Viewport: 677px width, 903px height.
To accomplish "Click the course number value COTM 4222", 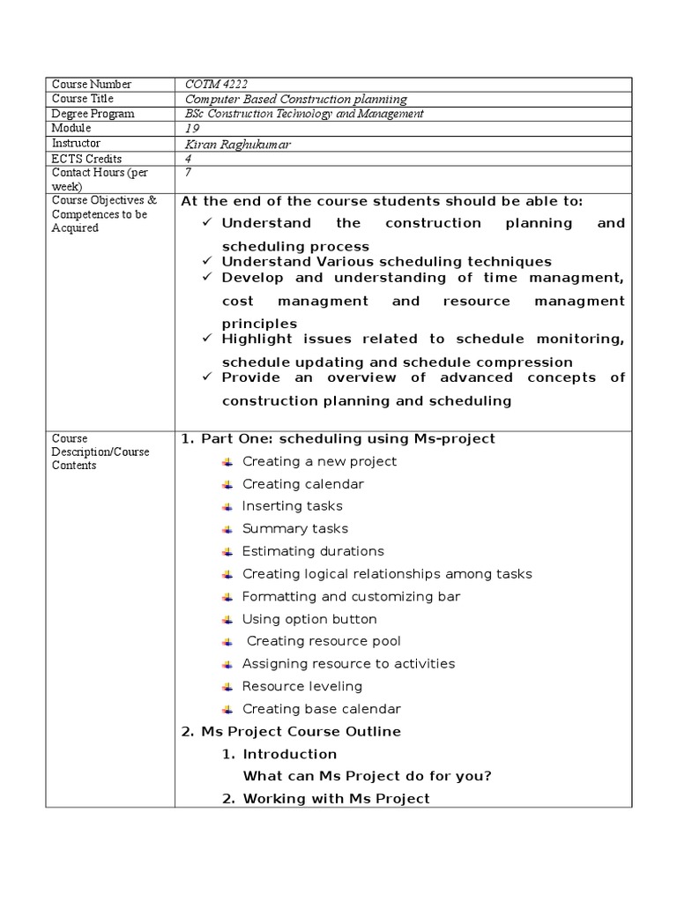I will click(211, 84).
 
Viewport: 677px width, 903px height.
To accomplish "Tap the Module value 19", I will click(192, 128).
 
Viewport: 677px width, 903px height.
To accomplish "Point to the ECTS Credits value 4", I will click(188, 158).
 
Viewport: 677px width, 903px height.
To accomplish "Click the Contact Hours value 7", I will click(188, 173).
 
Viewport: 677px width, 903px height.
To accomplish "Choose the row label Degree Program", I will click(93, 114).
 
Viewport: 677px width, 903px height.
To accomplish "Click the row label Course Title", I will click(86, 99).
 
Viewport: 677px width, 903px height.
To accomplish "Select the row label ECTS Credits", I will click(86, 158).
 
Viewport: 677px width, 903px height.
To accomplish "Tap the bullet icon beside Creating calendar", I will click(227, 484).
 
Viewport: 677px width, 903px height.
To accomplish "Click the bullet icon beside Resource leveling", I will click(227, 687).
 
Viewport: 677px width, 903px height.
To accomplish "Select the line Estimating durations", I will click(313, 551).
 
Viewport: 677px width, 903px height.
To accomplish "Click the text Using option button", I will click(309, 619).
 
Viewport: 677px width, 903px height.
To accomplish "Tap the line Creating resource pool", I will click(324, 641).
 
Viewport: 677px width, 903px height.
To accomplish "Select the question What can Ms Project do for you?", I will click(367, 776).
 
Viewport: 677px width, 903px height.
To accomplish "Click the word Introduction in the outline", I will click(289, 754).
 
